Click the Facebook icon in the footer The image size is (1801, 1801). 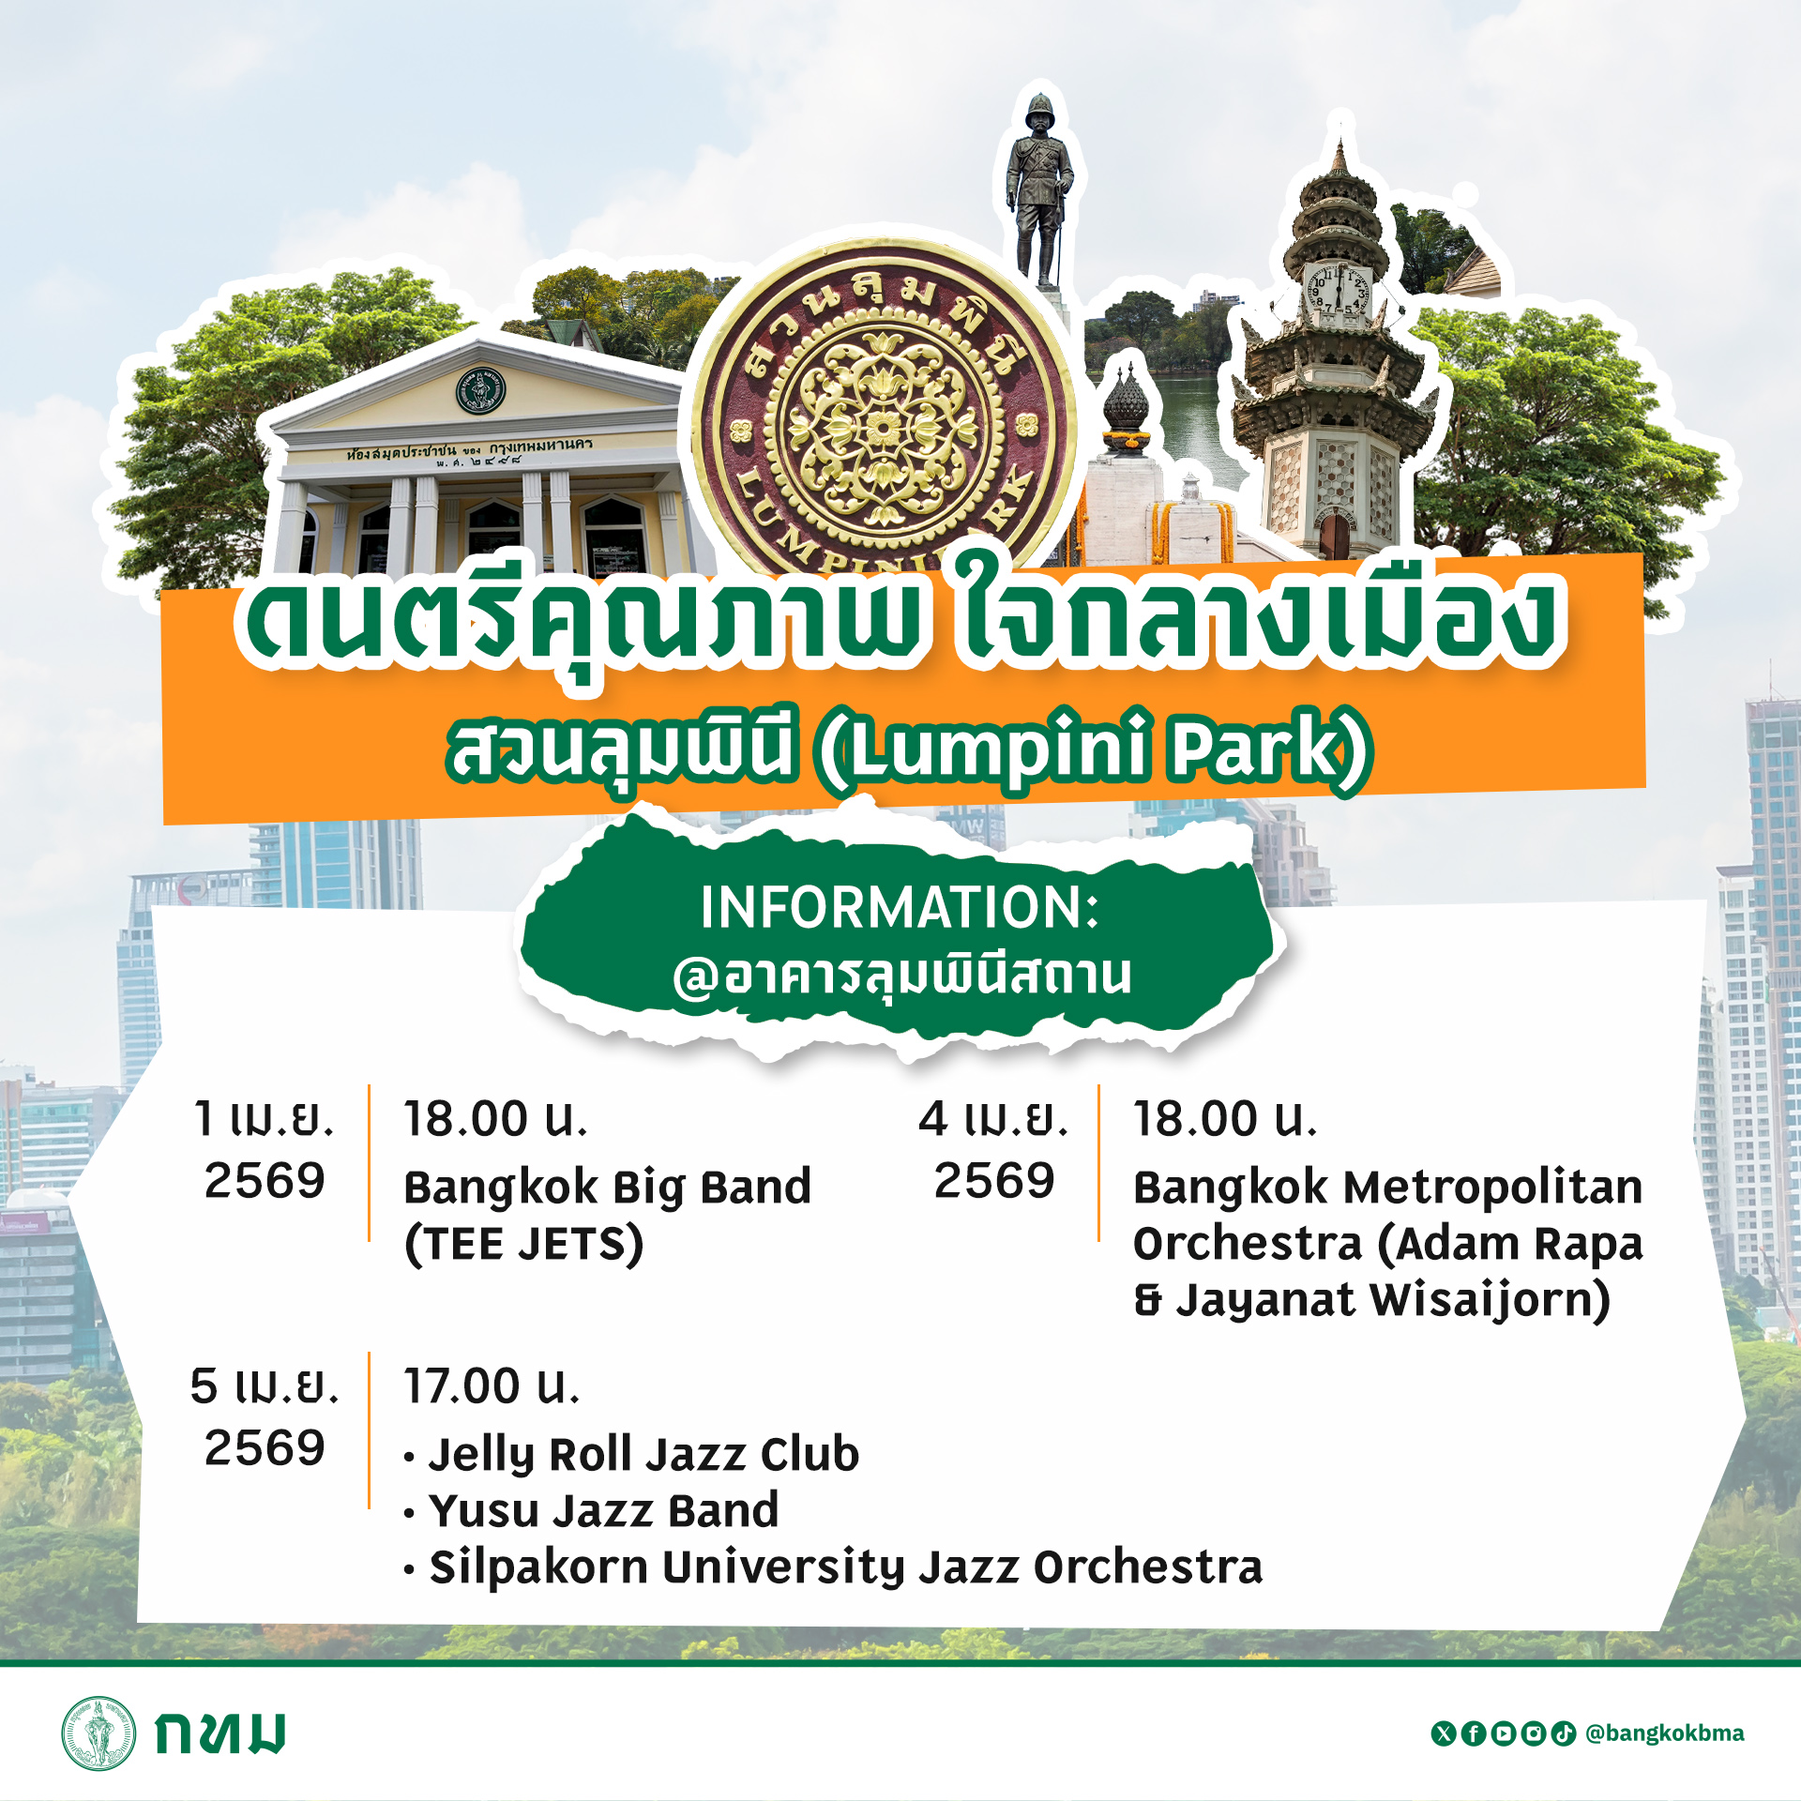pos(1474,1733)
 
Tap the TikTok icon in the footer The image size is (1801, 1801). pos(1564,1733)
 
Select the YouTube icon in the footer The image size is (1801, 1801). pos(1504,1733)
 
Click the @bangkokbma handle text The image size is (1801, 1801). pos(1665,1733)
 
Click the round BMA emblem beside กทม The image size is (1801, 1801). pos(98,1733)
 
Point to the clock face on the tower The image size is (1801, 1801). pos(1339,292)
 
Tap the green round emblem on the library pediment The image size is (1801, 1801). pos(481,390)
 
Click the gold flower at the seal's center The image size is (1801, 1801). pos(883,428)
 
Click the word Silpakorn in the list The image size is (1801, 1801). pos(538,1568)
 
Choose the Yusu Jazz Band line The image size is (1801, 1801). pos(604,1510)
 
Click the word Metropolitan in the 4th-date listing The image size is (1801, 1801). pos(1494,1188)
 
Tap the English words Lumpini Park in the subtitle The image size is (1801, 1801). pos(1094,749)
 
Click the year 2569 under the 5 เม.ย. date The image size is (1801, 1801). pos(265,1447)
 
